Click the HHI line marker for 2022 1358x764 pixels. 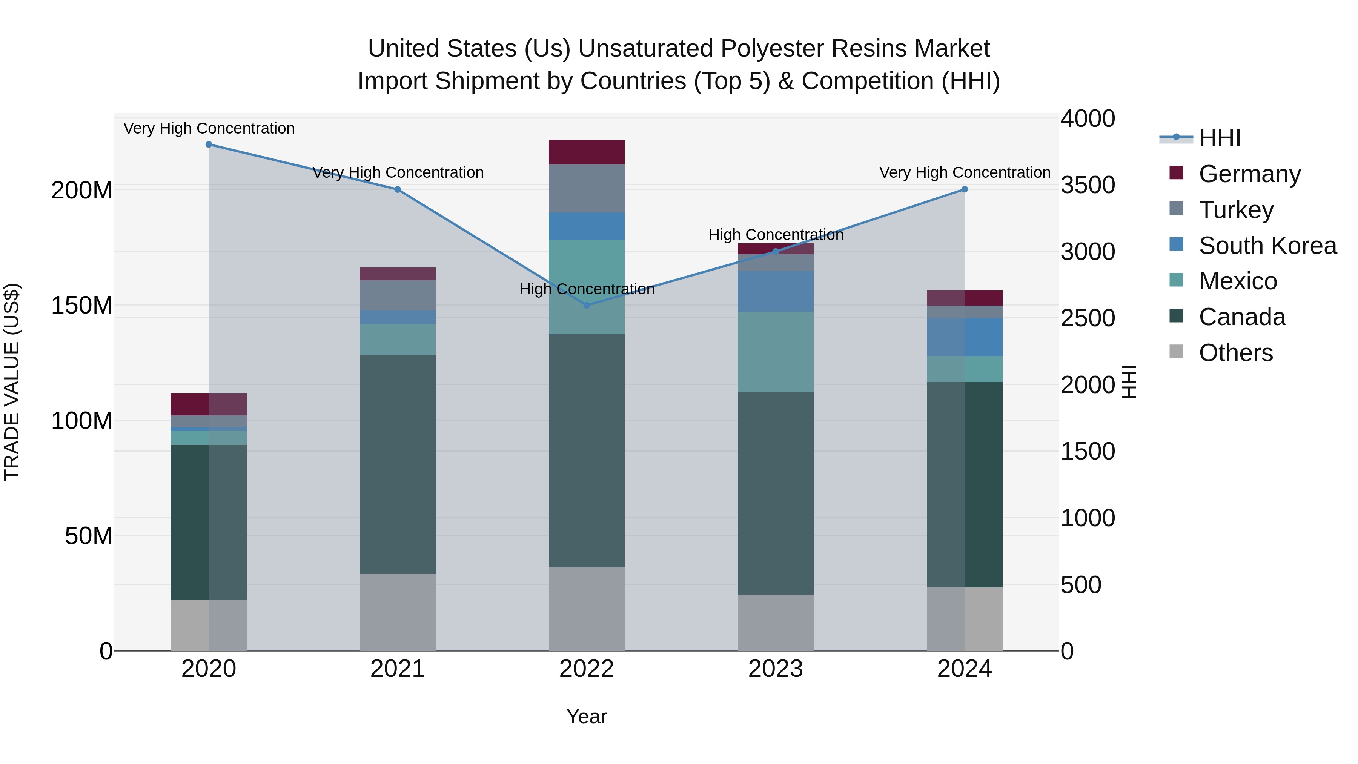587,305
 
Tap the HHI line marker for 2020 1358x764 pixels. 209,144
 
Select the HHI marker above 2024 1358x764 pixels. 964,189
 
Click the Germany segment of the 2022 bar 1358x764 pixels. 587,152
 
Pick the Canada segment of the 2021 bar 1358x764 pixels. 398,464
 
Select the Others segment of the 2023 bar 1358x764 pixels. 776,622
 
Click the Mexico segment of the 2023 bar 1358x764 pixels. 776,352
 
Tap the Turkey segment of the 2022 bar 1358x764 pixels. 587,188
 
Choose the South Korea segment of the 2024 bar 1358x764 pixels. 965,337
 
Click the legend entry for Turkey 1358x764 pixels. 1236,210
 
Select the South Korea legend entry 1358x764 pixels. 1267,246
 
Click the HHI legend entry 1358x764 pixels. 1219,138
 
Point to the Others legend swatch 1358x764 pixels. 1176,352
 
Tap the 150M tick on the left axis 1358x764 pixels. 82,305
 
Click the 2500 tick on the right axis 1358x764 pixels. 1088,318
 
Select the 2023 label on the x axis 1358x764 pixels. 776,669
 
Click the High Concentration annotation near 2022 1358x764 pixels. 587,289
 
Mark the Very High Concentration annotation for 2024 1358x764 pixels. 964,172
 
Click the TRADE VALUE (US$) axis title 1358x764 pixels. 12,382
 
